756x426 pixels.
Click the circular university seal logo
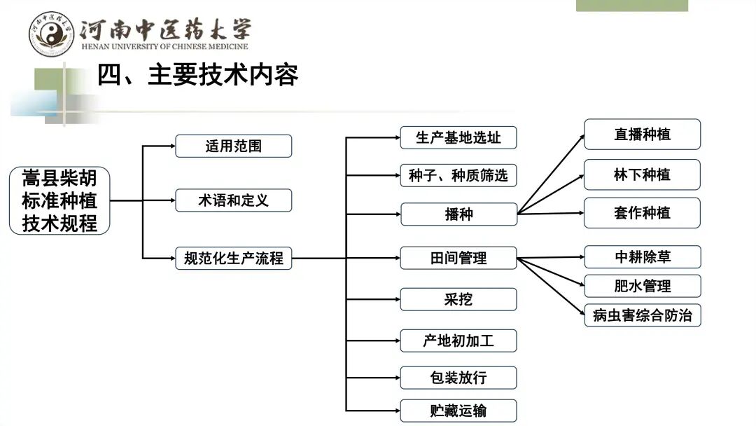coord(51,34)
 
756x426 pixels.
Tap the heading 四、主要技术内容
coord(197,75)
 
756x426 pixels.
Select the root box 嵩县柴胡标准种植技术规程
coord(60,200)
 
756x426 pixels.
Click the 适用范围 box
coord(233,146)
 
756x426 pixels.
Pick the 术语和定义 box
coord(233,200)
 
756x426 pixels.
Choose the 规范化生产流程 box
coord(233,258)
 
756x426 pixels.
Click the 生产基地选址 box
coord(458,137)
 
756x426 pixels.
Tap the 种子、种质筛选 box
coord(458,175)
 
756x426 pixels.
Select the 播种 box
coord(458,214)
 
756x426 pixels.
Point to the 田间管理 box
coord(458,258)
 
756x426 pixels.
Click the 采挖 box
coord(458,299)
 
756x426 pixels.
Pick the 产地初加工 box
coord(458,341)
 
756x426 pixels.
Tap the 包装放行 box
coord(458,378)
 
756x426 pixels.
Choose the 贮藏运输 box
coord(458,411)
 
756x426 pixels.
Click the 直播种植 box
coord(642,134)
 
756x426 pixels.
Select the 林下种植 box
coord(642,174)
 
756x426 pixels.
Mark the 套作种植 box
coord(642,212)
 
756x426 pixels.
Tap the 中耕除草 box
coord(642,256)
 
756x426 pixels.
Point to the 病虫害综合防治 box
coord(642,315)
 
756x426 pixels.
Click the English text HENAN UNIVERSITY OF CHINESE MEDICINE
coord(164,47)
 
